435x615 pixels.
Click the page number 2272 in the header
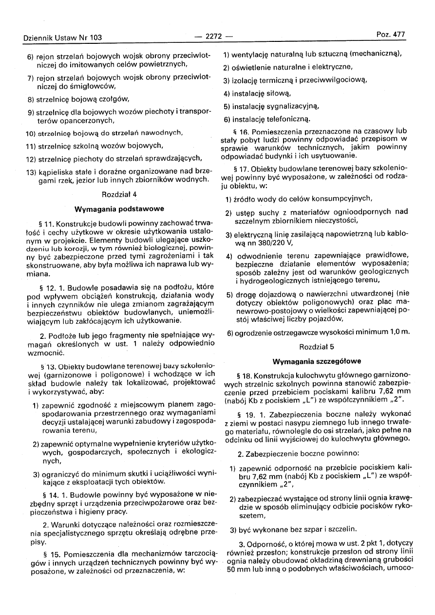point(213,36)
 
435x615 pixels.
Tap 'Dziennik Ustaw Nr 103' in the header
point(62,37)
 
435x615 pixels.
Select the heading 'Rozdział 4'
point(118,194)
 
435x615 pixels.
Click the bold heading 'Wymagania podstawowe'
point(119,209)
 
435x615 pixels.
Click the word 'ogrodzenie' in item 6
point(250,333)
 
